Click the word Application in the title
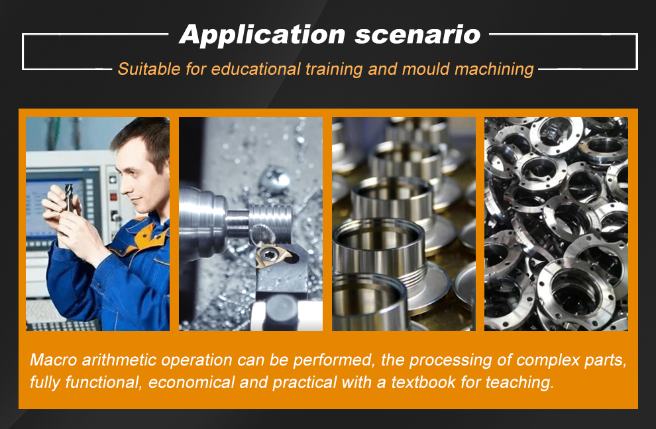pos(262,34)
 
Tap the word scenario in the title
pos(417,34)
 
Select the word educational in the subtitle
pos(256,69)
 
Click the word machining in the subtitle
pos(494,70)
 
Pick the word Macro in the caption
pos(54,360)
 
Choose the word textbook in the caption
pos(423,383)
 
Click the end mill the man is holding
pos(69,197)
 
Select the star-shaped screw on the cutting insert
pos(266,254)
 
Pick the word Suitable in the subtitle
pos(149,69)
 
